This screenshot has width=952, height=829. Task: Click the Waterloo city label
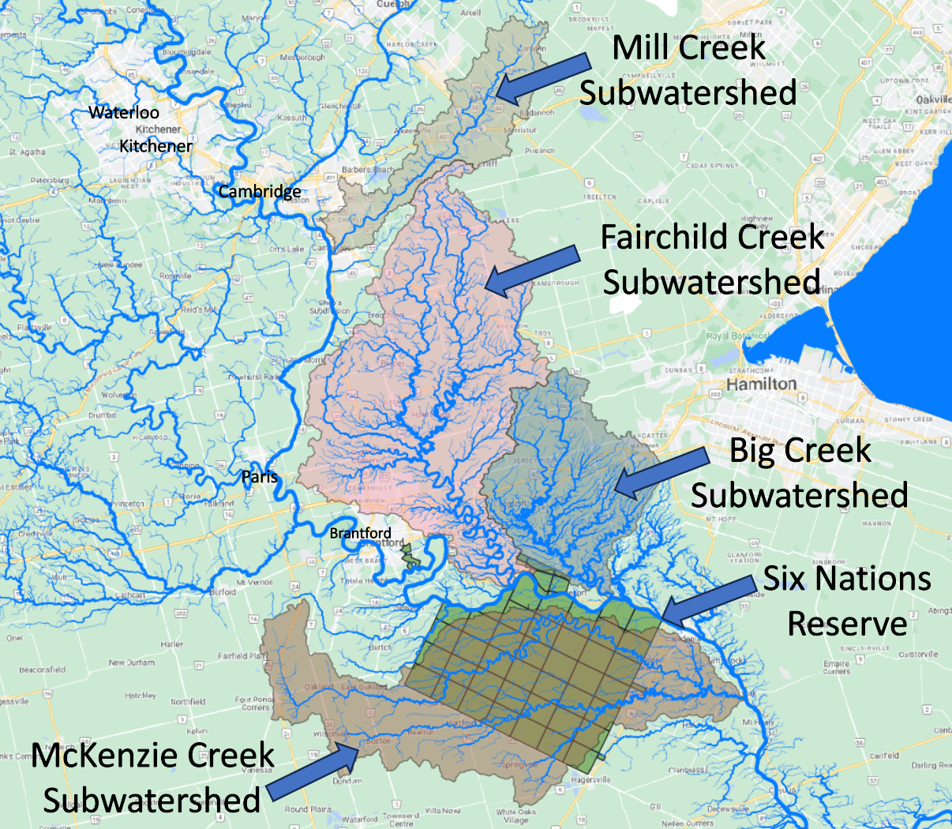(x=124, y=113)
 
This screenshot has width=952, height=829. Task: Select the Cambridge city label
(x=259, y=192)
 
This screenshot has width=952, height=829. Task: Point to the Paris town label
(x=260, y=477)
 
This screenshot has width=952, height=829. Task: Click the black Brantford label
(x=360, y=534)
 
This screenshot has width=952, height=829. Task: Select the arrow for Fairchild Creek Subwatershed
(x=532, y=271)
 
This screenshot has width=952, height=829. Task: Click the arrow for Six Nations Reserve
(x=707, y=600)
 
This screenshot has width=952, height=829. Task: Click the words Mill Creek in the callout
(x=688, y=47)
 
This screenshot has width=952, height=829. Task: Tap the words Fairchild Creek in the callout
(x=712, y=237)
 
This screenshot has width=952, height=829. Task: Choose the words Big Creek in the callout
(x=800, y=451)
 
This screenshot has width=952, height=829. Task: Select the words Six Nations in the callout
(x=847, y=579)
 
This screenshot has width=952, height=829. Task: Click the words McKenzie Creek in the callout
(x=152, y=756)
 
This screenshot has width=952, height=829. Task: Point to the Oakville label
(x=934, y=100)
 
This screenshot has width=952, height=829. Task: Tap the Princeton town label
(x=128, y=504)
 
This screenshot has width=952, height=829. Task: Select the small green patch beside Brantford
(x=411, y=559)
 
